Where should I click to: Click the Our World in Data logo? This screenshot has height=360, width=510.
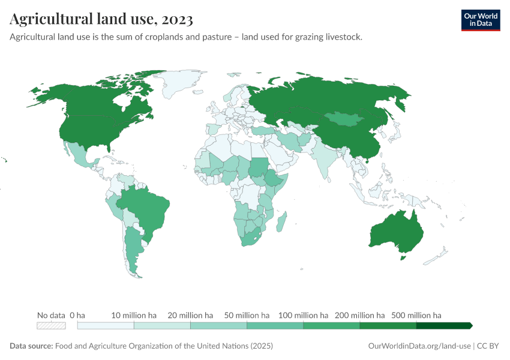pos(480,20)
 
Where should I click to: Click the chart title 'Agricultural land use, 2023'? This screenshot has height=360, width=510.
pos(101,20)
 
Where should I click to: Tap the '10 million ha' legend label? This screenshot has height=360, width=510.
pos(134,315)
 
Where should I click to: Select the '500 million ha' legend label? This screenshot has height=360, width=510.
pos(416,315)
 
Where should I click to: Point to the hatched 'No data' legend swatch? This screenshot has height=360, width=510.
pos(51,326)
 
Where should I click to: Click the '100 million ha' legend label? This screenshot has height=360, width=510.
pos(303,315)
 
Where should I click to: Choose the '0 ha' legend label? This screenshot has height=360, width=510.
pos(77,315)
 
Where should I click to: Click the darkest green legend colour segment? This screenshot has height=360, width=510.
pos(443,326)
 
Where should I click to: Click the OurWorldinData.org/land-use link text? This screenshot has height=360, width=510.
pos(418,346)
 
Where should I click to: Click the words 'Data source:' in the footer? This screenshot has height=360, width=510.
pos(31,346)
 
